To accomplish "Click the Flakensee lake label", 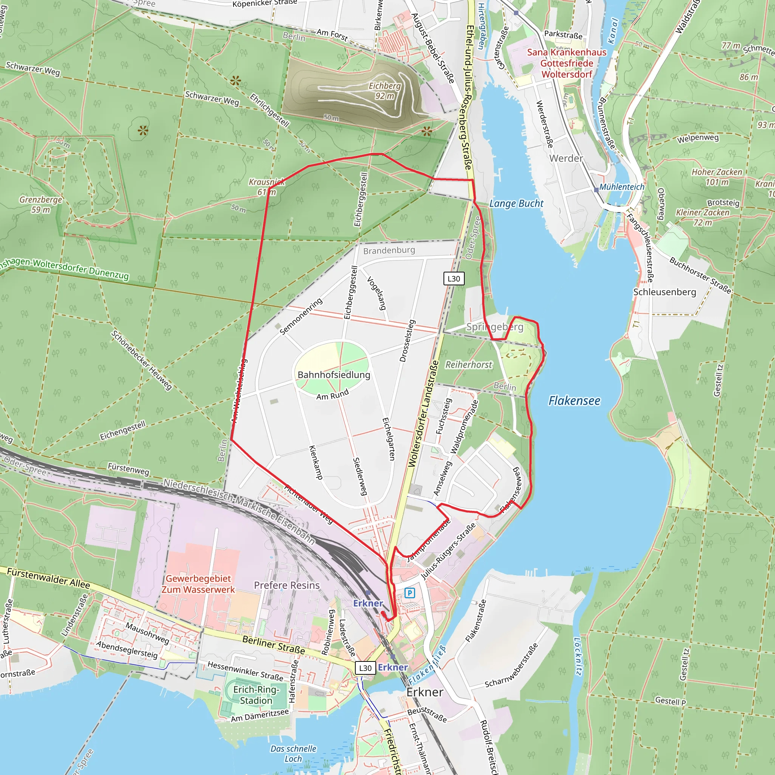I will tap(574, 401).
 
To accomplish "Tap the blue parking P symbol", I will tap(409, 593).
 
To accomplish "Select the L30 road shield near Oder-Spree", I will tap(454, 279).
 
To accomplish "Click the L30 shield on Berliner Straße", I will tap(365, 668).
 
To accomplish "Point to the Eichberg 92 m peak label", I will tap(385, 91).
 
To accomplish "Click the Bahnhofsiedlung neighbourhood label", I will tap(334, 375).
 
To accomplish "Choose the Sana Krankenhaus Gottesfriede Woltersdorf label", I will tap(567, 63).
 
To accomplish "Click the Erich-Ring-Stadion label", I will tap(256, 695).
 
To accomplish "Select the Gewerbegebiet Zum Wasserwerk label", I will tap(198, 584).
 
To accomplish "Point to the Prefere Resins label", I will tap(287, 585).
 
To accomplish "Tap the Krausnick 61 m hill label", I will tap(267, 187).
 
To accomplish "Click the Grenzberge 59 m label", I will tap(41, 205).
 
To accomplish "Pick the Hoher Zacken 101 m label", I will tap(717, 177).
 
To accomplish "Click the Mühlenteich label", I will tap(622, 187).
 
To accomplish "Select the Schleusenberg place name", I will tap(664, 292).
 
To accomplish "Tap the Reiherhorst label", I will tap(468, 365).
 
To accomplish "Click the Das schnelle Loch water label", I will tap(293, 754).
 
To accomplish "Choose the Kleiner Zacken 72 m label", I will tap(702, 217).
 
